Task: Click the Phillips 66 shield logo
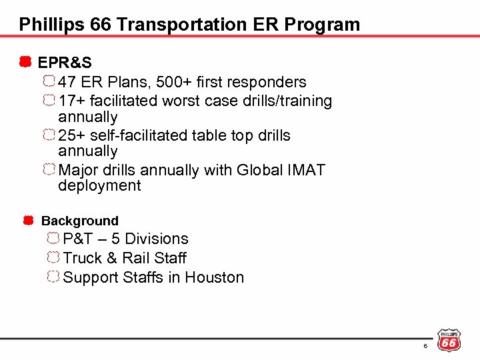449,340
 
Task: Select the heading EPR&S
65,63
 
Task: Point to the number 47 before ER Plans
67,82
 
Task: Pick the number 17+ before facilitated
71,101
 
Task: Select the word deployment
99,186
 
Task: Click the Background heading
80,221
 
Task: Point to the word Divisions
157,239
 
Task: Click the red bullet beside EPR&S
25,63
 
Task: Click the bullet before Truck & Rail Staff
53,257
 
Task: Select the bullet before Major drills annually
49,169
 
